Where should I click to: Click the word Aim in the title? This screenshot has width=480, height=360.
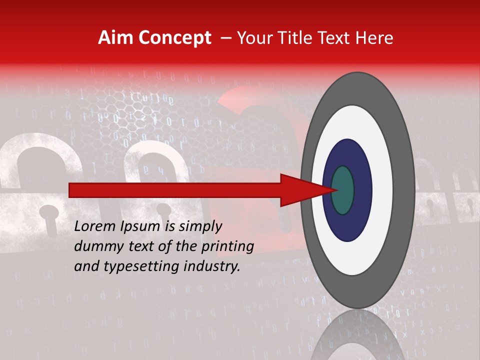(116, 38)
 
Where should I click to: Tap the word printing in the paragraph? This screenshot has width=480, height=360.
(227, 246)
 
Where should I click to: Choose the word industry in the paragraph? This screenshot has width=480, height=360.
(213, 266)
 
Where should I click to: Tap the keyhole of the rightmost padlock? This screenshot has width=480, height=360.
(470, 205)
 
